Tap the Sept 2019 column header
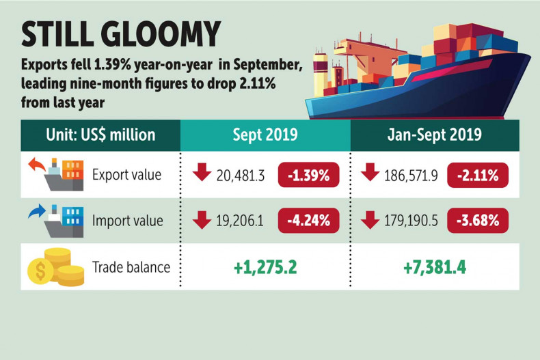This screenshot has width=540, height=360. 265,135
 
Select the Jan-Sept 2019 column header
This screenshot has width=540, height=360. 434,135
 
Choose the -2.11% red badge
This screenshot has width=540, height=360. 478,175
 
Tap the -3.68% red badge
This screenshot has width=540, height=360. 478,221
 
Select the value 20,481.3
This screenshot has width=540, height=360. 244,175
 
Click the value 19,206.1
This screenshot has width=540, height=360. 243,221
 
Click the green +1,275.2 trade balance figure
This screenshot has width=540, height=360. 265,266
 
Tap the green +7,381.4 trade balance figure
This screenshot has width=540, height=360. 435,266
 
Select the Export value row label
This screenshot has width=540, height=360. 126,175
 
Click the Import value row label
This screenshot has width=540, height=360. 127,221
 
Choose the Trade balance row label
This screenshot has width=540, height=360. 131,266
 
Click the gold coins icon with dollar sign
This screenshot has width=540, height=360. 55,267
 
